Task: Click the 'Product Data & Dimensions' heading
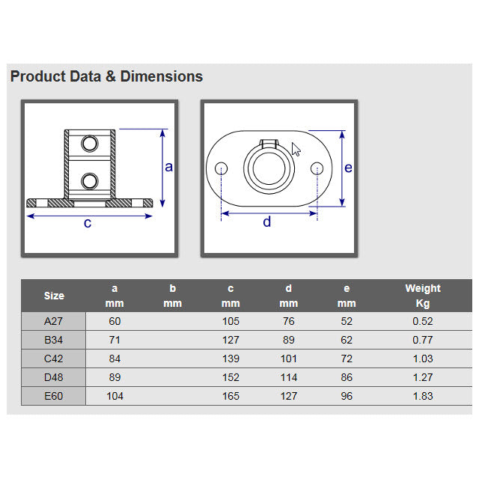point(106,76)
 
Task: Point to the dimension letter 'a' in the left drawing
point(168,167)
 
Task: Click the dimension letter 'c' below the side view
point(88,223)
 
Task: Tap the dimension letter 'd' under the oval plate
point(267,222)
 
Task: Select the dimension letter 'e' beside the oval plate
point(348,168)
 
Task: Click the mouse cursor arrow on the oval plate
point(296,150)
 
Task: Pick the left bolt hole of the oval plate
point(222,168)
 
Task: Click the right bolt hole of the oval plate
point(317,168)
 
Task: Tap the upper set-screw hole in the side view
point(90,143)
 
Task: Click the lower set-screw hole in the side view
point(90,181)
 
